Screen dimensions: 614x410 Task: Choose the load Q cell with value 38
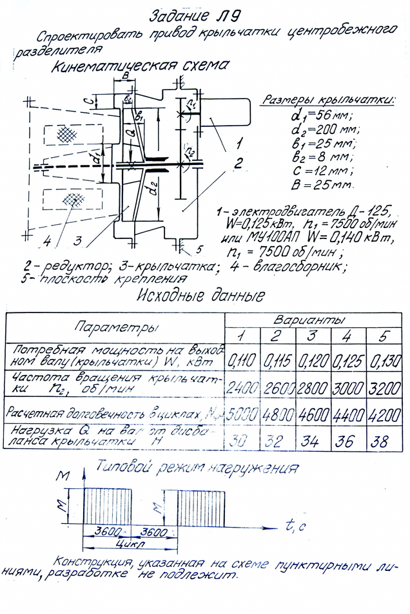pos(385,442)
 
